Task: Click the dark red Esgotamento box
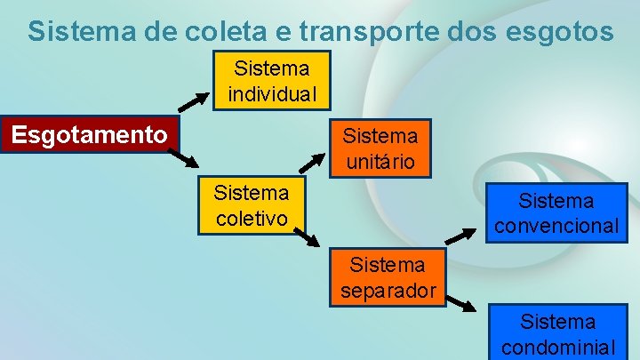90,134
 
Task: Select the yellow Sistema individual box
272,80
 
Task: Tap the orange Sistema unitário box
380,148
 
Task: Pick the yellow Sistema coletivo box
252,204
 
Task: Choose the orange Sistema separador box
388,276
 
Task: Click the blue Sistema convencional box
556,213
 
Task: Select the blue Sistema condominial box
557,332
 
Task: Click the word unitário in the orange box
380,162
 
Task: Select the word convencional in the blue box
556,226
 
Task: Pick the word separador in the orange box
388,290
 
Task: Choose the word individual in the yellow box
272,92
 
